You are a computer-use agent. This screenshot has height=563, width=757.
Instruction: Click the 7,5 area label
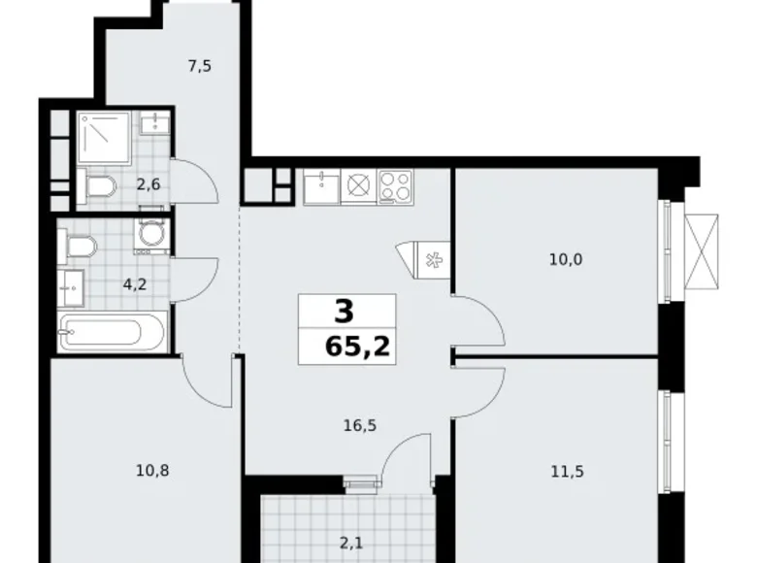pyautogui.click(x=200, y=67)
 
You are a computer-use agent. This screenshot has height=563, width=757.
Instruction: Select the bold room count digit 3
pyautogui.click(x=344, y=313)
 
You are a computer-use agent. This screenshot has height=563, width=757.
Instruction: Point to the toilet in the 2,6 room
pyautogui.click(x=98, y=186)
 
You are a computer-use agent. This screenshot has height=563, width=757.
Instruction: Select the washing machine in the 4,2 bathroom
pyautogui.click(x=151, y=235)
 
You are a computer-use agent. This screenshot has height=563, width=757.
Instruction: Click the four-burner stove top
pyautogui.click(x=396, y=185)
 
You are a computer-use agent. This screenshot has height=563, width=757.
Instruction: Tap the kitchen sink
pyautogui.click(x=320, y=186)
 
